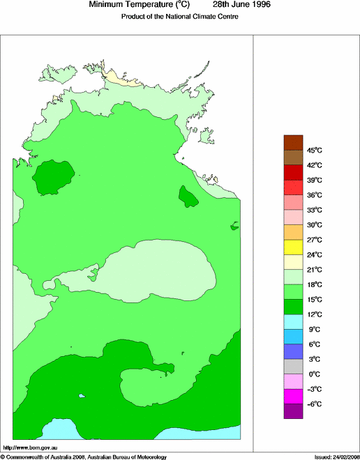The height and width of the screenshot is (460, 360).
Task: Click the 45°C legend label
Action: pos(315,150)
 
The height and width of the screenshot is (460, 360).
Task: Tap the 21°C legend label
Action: pos(315,270)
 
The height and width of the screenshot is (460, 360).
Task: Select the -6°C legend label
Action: pos(314,404)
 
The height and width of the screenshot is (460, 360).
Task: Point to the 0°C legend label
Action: pos(315,374)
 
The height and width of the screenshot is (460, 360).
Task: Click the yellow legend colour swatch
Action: pos(293,247)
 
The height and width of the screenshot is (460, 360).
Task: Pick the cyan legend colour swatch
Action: pos(293,321)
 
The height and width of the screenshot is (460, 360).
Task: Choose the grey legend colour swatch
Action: pos(293,367)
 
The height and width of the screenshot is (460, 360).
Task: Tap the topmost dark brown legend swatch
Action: pos(293,141)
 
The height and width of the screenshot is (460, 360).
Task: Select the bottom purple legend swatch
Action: pos(293,411)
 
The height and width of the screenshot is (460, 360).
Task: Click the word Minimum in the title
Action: pos(108,5)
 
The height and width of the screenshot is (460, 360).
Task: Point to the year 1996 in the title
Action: pos(257,5)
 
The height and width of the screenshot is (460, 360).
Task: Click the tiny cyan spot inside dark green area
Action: pos(82,396)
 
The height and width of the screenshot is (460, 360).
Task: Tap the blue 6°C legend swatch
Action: pos(293,351)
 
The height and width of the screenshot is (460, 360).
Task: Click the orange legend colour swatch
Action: pos(293,231)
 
